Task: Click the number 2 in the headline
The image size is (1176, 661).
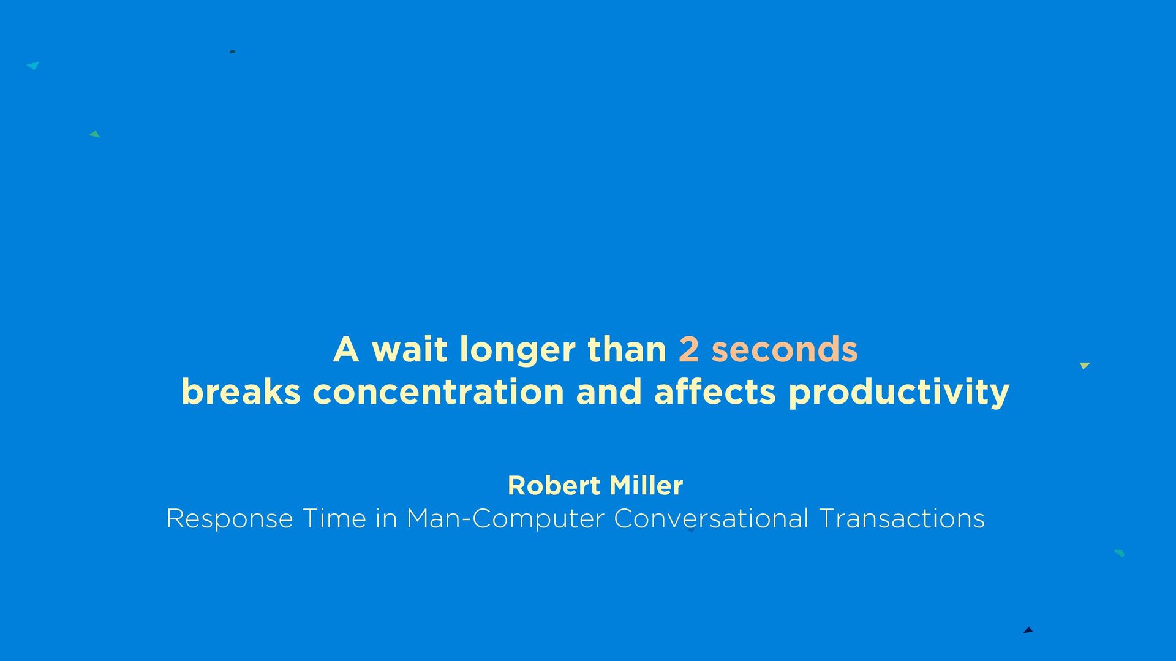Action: coord(689,350)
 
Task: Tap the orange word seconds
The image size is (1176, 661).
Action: coord(784,349)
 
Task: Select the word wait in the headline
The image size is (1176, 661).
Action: coord(409,349)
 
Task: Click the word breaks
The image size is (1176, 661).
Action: coord(241,391)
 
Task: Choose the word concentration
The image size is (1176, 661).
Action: coord(438,392)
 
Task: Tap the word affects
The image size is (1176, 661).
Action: coord(715,391)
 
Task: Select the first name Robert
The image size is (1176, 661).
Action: coord(554,486)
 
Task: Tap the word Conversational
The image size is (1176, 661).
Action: coord(711,519)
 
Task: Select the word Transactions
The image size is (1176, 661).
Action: coord(902,519)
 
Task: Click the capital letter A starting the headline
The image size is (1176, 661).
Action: coord(346,350)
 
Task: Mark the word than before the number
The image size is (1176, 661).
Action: coord(627,349)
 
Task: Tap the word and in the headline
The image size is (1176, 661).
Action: coord(609,391)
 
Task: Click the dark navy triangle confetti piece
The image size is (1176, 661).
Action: coord(1028,630)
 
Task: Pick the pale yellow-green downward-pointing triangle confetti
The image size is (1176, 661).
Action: coord(1085,366)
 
